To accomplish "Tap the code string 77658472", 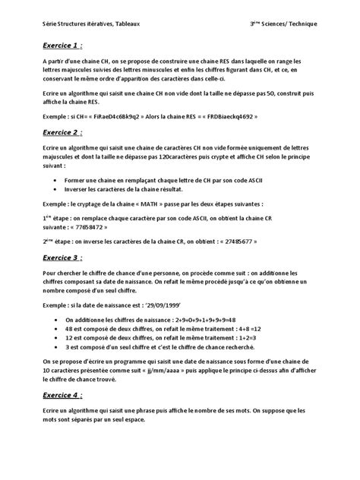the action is pyautogui.click(x=86, y=226).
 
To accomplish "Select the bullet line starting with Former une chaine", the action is pyautogui.click(x=159, y=178).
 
